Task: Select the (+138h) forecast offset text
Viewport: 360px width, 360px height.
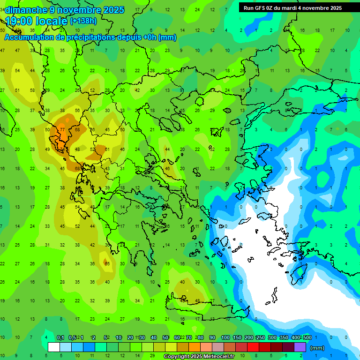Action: click(83, 21)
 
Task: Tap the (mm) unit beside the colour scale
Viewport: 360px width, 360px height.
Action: click(317, 348)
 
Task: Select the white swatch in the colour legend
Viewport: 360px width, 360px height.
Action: click(54, 347)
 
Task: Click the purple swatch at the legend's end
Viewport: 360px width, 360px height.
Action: click(300, 347)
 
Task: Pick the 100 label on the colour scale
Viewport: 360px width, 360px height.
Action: click(225, 338)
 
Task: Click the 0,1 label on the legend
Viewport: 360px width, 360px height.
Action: click(60, 338)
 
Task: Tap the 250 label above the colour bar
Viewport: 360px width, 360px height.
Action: click(260, 338)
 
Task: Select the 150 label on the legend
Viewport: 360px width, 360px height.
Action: click(237, 338)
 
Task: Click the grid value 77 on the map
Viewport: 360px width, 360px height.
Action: click(62, 130)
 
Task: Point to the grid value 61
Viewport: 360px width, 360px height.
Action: click(107, 150)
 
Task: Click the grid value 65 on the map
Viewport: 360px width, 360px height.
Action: click(107, 264)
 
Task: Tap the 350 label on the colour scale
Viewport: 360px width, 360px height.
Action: click(284, 338)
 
